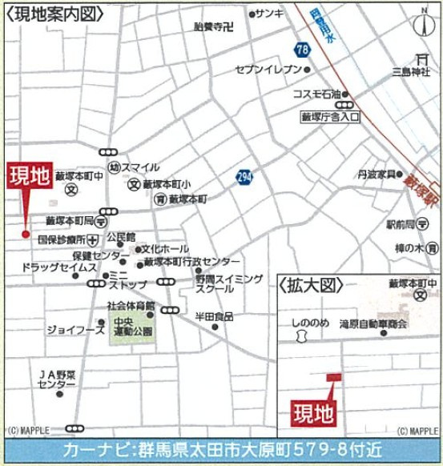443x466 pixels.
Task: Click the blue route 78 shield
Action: (302, 50)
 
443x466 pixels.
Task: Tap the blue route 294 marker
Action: (243, 176)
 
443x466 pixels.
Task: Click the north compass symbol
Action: (422, 23)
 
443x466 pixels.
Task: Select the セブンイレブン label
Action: (268, 70)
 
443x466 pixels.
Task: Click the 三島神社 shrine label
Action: (411, 72)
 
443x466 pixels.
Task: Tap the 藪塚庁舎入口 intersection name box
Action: (329, 117)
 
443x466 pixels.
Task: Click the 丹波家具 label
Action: (379, 173)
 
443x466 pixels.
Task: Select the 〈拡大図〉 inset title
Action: (311, 284)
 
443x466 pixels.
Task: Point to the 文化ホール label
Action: (165, 248)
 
